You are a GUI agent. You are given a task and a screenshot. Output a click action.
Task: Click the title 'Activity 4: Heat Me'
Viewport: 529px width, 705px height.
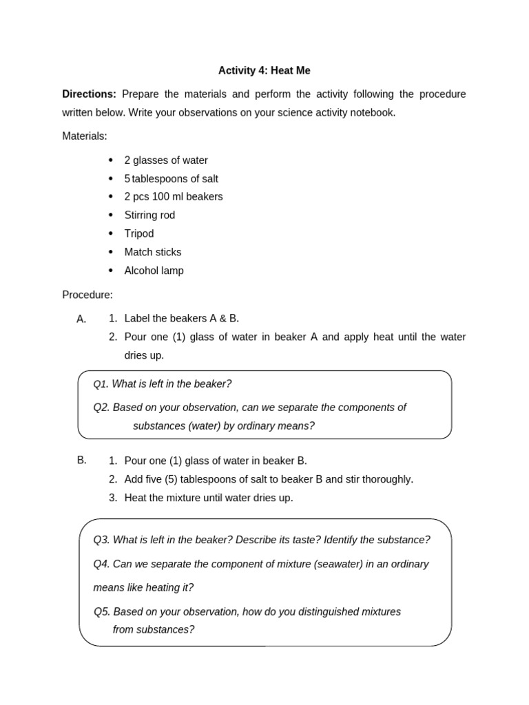[x=264, y=70]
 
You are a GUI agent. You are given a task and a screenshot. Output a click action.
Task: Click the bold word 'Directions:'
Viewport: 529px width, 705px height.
[x=89, y=94]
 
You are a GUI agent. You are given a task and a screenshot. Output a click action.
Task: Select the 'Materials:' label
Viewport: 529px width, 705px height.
[x=85, y=136]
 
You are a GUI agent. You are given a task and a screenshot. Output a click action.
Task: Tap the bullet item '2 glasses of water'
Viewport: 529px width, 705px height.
[x=165, y=160]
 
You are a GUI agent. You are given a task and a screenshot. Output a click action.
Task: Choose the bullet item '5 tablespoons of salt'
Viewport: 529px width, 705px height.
[x=171, y=179]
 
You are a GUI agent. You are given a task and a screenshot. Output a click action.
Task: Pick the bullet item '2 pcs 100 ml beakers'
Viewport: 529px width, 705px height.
[x=173, y=197]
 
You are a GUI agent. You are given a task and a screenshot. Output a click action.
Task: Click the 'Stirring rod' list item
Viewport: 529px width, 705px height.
[x=149, y=215]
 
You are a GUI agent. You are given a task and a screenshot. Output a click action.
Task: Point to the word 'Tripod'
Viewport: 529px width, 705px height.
[x=138, y=234]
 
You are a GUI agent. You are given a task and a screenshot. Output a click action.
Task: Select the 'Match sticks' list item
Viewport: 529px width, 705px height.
[x=152, y=252]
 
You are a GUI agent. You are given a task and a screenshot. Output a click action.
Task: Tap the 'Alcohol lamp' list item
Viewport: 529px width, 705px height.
[x=154, y=271]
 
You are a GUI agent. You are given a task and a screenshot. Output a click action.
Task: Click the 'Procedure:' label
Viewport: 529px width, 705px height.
[x=87, y=295]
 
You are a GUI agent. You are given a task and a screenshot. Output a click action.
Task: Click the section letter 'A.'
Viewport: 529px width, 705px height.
[x=82, y=319]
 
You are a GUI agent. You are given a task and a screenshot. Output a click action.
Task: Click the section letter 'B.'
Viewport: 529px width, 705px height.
[x=82, y=460]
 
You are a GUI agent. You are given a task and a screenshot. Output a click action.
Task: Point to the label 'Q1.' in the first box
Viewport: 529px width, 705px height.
[x=101, y=384]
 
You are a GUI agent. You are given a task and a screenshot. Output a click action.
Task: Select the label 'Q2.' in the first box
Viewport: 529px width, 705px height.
[x=101, y=408]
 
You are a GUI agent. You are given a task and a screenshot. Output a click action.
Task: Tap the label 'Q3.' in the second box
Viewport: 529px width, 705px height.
[x=101, y=540]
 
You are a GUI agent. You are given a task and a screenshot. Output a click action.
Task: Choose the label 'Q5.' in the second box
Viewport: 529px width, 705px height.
[x=102, y=611]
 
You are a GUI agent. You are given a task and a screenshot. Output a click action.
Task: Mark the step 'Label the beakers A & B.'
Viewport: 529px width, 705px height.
[x=181, y=318]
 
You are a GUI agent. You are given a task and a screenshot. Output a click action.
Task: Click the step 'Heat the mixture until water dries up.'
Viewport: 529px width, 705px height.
[x=208, y=497]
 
